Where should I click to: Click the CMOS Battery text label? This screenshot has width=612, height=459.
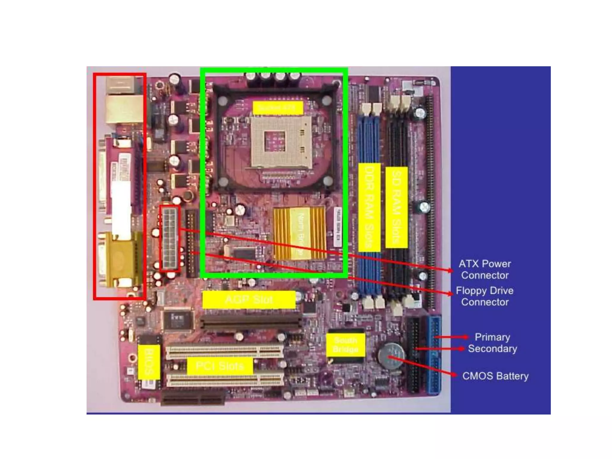coord(495,376)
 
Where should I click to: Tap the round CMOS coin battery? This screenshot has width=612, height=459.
coord(391,356)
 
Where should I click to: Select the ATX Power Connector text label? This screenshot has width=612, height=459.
coord(485,270)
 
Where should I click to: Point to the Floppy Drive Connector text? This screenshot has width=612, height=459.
coord(485,296)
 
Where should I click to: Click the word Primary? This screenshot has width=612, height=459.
coord(492,337)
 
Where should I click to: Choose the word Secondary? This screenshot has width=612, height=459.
coord(492,349)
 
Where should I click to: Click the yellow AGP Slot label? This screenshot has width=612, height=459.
coord(249,299)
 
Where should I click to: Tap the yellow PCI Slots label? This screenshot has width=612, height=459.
coord(220,366)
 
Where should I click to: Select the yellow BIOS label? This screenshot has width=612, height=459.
coord(149,362)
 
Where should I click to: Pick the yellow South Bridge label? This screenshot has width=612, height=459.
coord(345,345)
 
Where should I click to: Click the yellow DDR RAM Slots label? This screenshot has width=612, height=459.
coord(369,207)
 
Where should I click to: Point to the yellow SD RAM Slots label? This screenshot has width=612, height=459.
coord(396,207)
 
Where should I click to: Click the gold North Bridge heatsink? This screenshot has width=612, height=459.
coord(300,233)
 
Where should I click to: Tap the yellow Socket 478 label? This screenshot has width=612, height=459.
coord(278,108)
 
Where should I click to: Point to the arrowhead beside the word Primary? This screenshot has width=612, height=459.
coord(466,337)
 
